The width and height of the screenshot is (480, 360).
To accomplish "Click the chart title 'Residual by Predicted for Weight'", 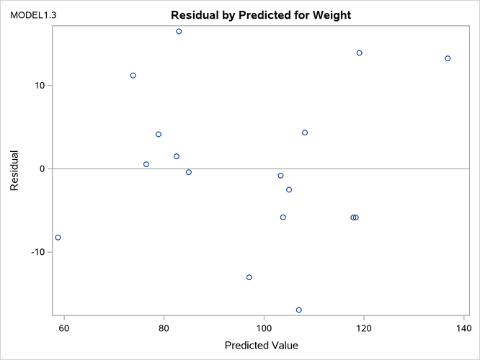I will [260, 15].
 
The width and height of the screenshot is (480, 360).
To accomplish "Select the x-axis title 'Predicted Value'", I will [261, 345].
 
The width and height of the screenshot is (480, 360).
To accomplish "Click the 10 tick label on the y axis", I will [37, 86].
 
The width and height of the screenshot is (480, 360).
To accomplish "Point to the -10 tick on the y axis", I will [35, 253].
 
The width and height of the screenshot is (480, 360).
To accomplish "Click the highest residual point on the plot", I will [179, 32].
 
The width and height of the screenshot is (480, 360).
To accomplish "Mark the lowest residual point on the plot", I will [298, 310].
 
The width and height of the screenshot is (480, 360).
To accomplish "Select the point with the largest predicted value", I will [448, 58].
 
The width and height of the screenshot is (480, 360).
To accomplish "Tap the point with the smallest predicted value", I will [58, 238].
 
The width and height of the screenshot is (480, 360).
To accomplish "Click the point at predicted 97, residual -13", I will [249, 277].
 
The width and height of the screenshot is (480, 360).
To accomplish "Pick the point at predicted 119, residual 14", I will [359, 53].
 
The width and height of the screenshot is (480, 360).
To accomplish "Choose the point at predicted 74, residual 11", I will [133, 76].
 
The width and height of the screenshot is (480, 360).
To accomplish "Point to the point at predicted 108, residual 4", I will [305, 132].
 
